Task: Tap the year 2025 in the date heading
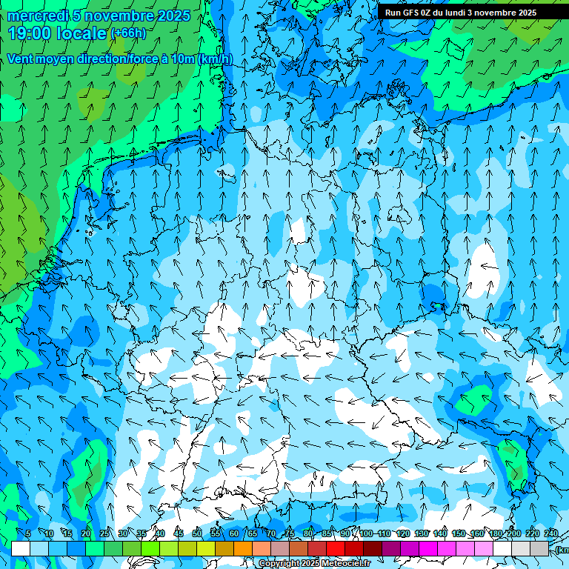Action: (x=171, y=16)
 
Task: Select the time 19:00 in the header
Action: (x=32, y=33)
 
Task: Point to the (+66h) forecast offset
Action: (x=128, y=33)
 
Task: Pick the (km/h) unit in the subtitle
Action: (x=216, y=59)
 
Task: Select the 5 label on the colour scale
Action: (x=28, y=533)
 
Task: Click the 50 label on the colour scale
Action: (x=197, y=533)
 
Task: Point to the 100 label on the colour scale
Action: (x=365, y=533)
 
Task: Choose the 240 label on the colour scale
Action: (x=551, y=533)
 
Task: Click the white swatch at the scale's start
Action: (x=21, y=548)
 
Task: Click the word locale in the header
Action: (x=81, y=33)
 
